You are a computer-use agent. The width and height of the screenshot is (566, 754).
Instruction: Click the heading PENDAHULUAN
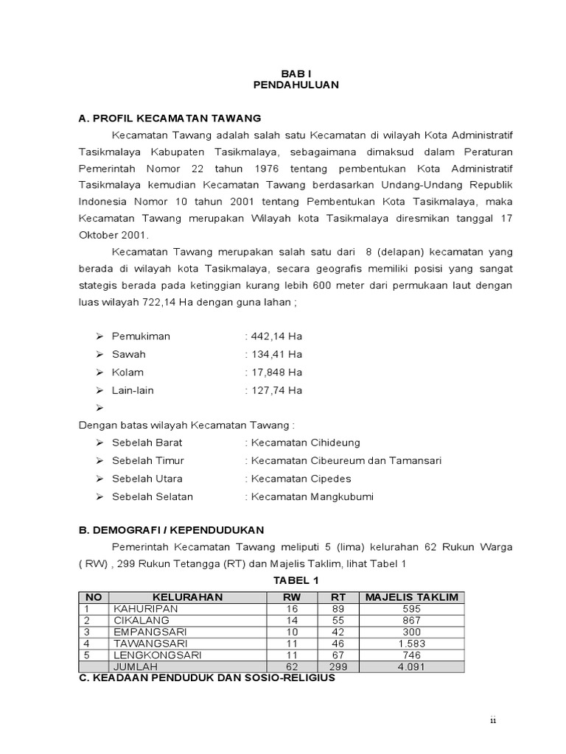tap(296, 85)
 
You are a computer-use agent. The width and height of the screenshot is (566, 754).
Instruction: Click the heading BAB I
tap(296, 74)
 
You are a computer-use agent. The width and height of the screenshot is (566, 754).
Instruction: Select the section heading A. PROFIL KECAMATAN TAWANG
tap(170, 118)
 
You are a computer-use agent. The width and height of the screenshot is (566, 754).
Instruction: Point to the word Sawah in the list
tap(129, 354)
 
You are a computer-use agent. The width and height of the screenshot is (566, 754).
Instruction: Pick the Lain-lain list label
tap(133, 390)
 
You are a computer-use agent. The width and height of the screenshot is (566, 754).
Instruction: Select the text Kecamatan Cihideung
tap(305, 443)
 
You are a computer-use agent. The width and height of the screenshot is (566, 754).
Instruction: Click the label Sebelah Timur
tap(148, 460)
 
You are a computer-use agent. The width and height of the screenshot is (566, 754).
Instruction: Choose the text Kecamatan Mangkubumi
tap(312, 496)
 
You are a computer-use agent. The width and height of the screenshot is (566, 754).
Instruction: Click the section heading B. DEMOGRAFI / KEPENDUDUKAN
tap(171, 529)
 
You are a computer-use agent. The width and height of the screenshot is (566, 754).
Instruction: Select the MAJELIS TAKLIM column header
tap(412, 597)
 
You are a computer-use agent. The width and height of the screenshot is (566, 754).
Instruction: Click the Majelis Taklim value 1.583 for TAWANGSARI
tap(412, 643)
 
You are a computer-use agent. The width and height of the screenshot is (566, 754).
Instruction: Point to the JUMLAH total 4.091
tap(412, 666)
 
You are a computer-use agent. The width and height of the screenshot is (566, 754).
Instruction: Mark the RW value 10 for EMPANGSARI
tap(293, 632)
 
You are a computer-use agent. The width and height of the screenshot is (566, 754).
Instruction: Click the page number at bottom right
tap(493, 721)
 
